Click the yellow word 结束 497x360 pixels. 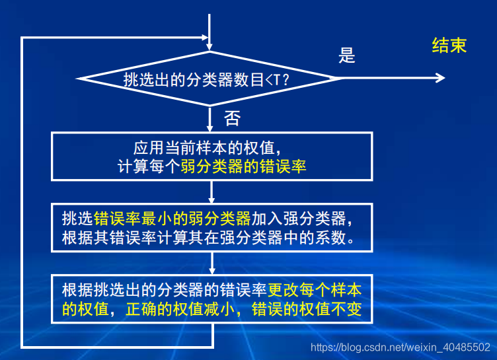click(449, 45)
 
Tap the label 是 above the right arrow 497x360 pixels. click(347, 55)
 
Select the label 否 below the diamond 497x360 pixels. click(232, 119)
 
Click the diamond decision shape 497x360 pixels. click(210, 79)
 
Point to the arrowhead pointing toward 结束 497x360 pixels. click(440, 78)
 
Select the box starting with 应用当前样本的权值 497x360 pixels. click(211, 157)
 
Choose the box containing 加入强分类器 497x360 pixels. click(211, 227)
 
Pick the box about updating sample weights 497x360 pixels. click(211, 299)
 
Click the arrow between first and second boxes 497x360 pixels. click(211, 191)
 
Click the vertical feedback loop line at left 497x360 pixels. click(22, 192)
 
